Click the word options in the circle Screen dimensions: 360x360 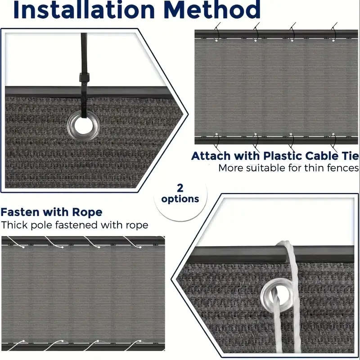[180, 198]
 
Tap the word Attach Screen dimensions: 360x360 [210, 156]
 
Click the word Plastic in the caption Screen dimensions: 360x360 [282, 156]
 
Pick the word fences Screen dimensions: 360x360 [344, 168]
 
